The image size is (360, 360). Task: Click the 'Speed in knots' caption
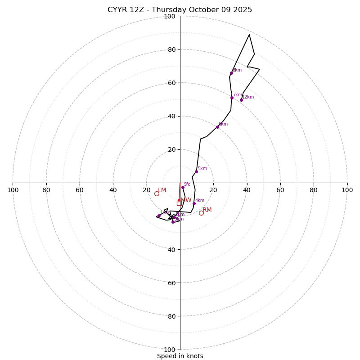(x=180, y=356)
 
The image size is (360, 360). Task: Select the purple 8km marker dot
(x=232, y=73)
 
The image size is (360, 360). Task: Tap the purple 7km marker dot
(x=232, y=98)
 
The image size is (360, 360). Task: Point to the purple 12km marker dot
(x=241, y=100)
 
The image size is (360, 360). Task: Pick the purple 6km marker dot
(x=217, y=127)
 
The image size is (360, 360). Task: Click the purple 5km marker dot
(x=196, y=171)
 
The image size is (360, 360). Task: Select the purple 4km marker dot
(x=194, y=203)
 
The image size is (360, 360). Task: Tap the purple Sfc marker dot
(x=183, y=187)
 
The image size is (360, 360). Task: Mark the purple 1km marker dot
(x=159, y=216)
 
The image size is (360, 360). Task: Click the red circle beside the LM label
(x=157, y=194)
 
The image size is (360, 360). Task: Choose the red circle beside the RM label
(x=201, y=213)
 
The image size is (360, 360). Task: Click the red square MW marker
(x=179, y=203)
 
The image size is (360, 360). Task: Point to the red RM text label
(x=207, y=210)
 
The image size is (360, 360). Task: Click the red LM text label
(x=162, y=190)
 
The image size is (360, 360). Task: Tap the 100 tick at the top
(x=170, y=17)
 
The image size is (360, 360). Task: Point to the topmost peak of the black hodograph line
(x=249, y=34)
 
